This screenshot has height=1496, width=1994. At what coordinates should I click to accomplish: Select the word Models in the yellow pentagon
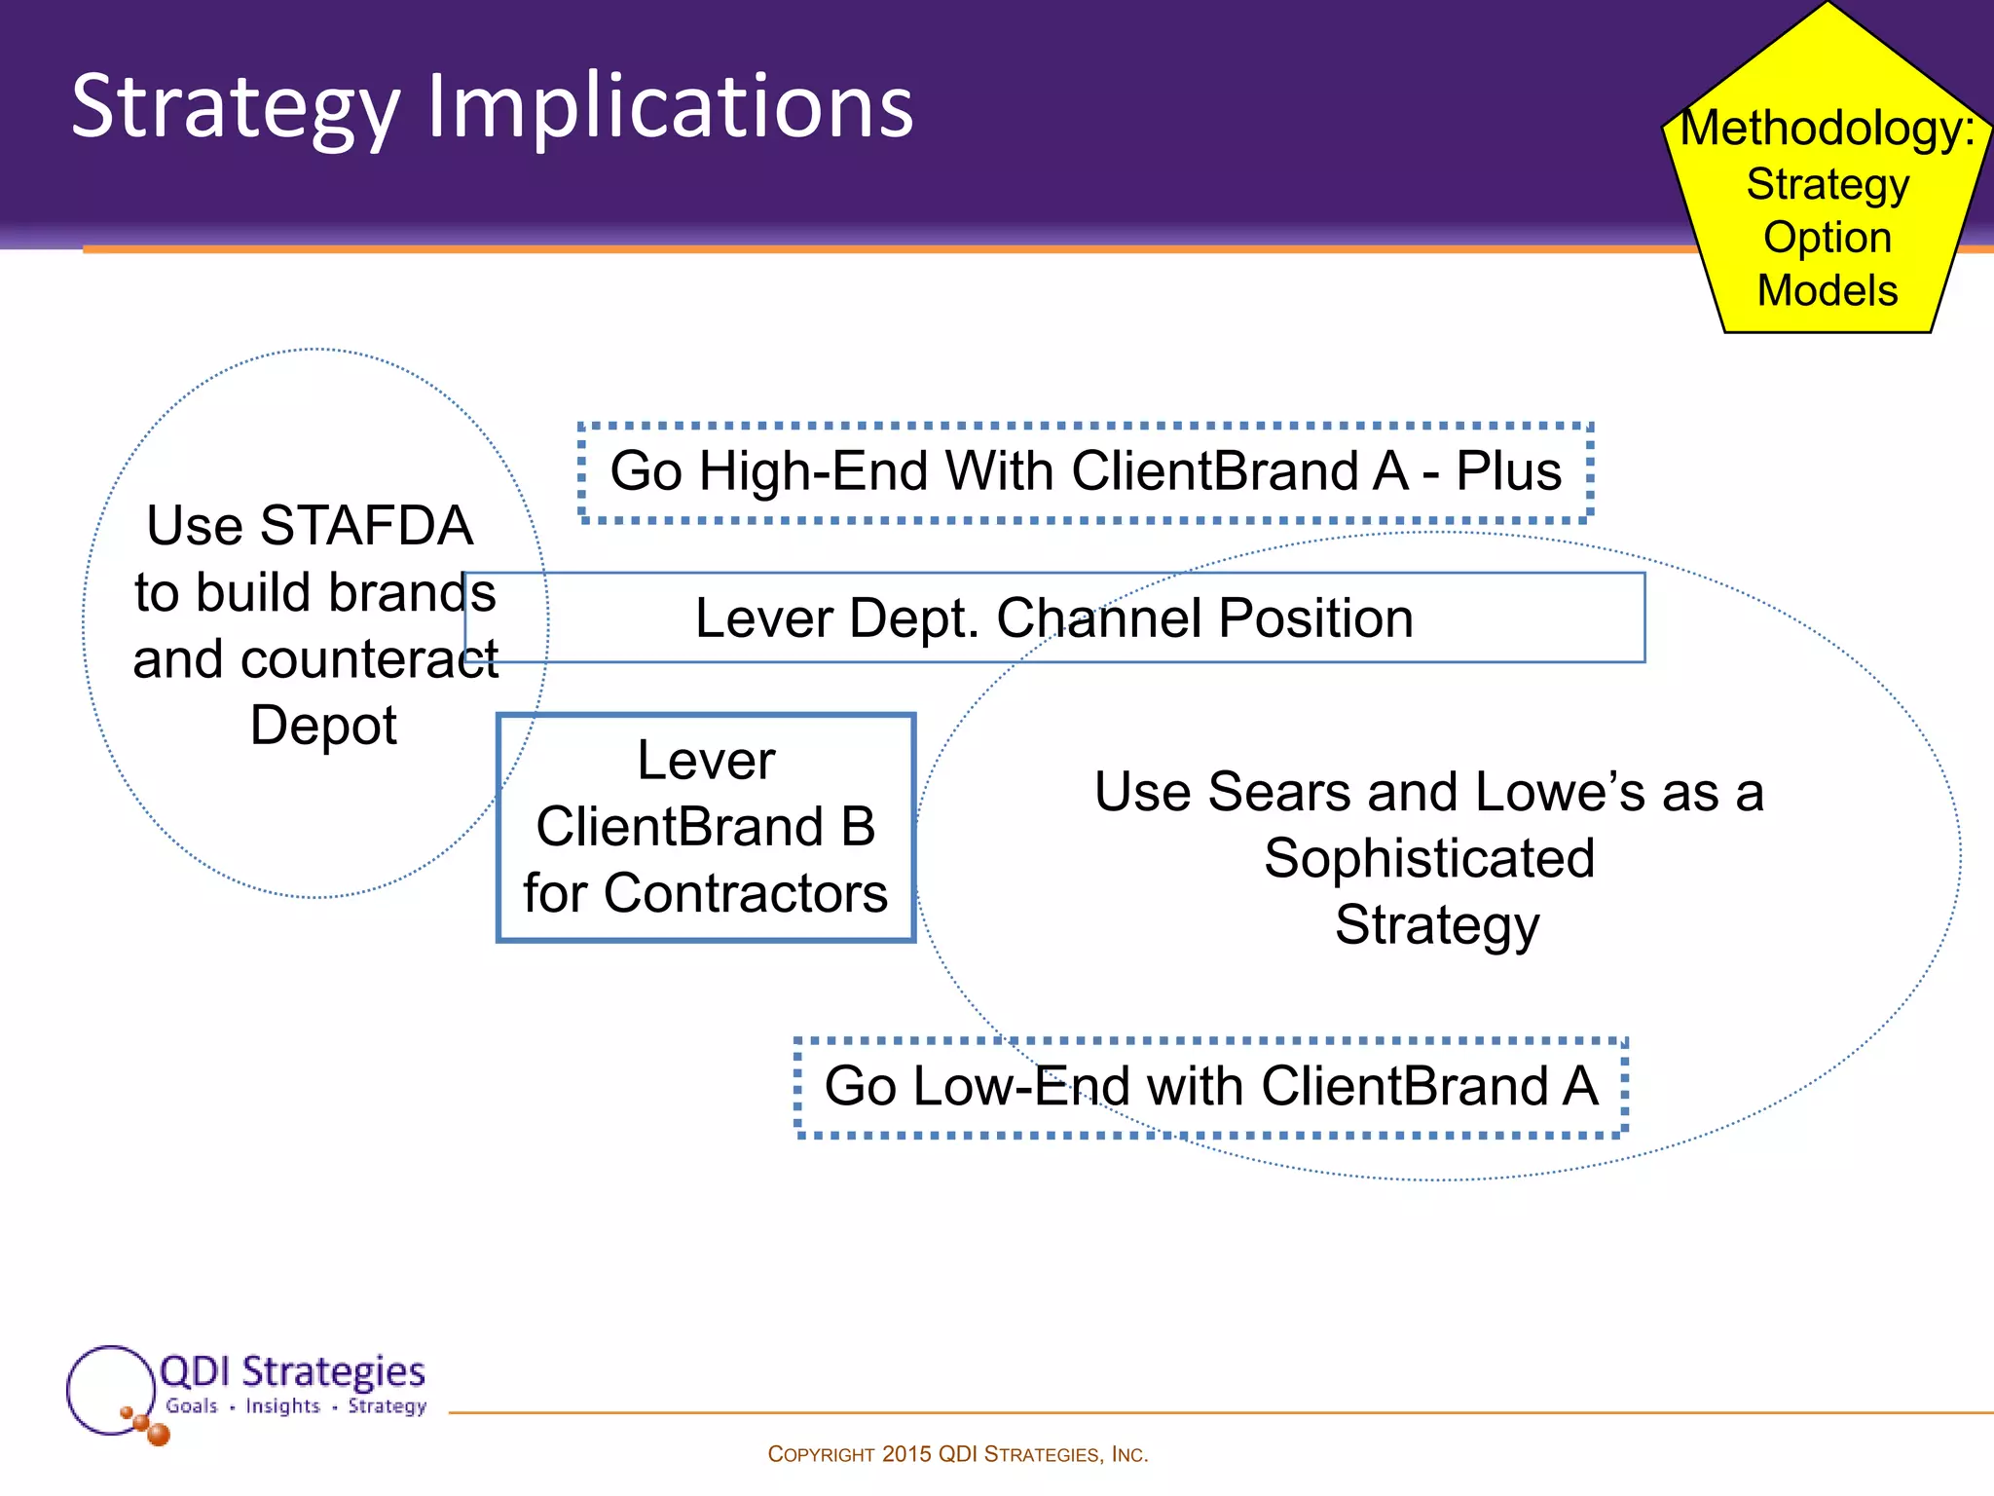pyautogui.click(x=1828, y=290)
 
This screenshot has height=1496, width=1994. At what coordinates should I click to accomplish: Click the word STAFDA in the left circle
pyautogui.click(x=366, y=526)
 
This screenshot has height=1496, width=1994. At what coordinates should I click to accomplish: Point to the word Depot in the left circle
pyautogui.click(x=323, y=726)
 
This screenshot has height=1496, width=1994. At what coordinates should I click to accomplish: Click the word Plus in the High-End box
pyautogui.click(x=1508, y=471)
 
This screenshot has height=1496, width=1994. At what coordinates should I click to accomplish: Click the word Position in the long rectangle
pyautogui.click(x=1315, y=618)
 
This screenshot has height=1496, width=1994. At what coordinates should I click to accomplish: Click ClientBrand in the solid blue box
pyautogui.click(x=678, y=827)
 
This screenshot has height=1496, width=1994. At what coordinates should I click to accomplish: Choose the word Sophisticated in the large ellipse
pyautogui.click(x=1429, y=858)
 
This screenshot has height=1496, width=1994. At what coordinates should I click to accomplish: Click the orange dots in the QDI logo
pyautogui.click(x=147, y=1425)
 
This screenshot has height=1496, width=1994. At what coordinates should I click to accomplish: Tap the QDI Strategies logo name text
pyautogui.click(x=292, y=1371)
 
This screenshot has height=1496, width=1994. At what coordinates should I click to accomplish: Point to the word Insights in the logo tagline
pyautogui.click(x=282, y=1406)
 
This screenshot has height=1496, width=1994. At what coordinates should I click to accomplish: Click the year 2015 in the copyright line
pyautogui.click(x=906, y=1454)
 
